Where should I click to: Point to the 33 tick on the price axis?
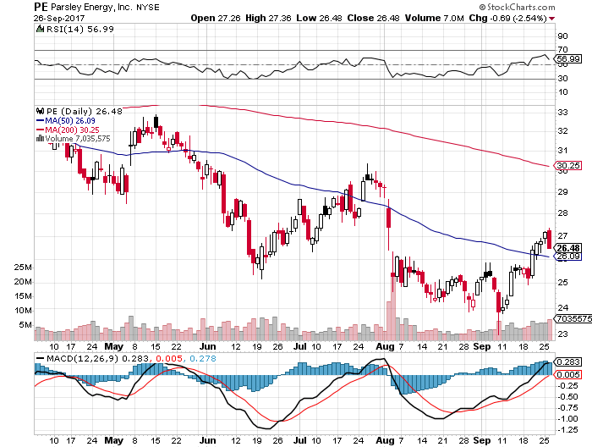coord(561,112)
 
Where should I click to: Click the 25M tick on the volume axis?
coord(23,266)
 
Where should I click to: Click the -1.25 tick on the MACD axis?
coord(565,429)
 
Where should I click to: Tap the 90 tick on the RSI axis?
coord(561,36)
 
